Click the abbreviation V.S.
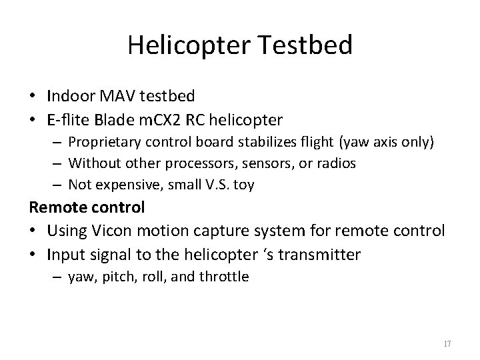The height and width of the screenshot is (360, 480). tap(214, 185)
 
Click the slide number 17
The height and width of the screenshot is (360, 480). tap(447, 344)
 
